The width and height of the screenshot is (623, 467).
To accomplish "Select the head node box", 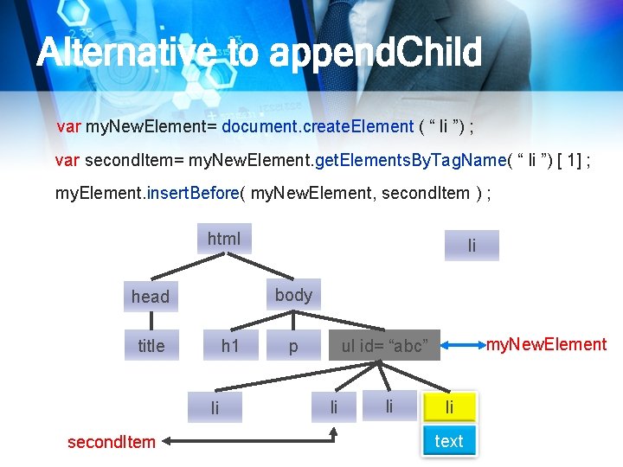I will [151, 297].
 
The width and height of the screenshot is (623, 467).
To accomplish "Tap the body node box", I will [293, 296].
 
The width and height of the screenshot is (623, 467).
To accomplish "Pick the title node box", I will [151, 346].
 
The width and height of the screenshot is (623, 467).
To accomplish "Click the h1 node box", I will [229, 346].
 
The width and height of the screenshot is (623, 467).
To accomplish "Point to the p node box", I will [293, 346].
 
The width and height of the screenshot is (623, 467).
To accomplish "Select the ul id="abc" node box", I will [384, 346].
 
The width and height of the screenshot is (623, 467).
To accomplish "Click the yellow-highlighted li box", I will [448, 406].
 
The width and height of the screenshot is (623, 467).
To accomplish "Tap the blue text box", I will [448, 441].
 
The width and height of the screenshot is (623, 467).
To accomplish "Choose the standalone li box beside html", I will [472, 246].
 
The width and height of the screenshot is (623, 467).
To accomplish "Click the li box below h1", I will [215, 407].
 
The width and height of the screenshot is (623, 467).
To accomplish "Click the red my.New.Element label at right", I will [546, 345].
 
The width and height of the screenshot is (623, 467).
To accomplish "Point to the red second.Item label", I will [112, 442].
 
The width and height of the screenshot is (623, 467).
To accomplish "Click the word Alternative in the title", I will [124, 54].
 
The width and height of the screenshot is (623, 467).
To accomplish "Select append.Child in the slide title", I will [375, 54].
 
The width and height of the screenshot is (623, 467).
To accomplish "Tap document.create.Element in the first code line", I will [318, 127].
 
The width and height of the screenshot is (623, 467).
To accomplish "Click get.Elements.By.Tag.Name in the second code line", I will [411, 160].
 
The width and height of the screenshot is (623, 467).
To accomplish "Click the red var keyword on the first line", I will [68, 127].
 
